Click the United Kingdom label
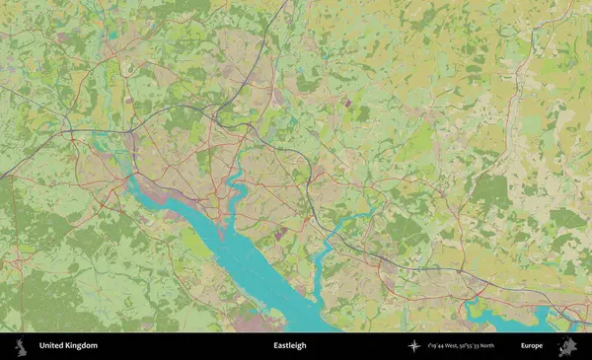tap(68, 346)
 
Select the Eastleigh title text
tap(289, 346)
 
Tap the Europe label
tap(531, 346)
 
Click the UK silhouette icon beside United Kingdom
tap(20, 346)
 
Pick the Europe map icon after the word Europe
tap(566, 346)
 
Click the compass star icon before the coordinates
tap(413, 346)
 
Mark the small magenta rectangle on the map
tap(346, 100)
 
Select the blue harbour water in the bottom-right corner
tap(513, 317)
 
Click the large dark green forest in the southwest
tap(39, 296)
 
